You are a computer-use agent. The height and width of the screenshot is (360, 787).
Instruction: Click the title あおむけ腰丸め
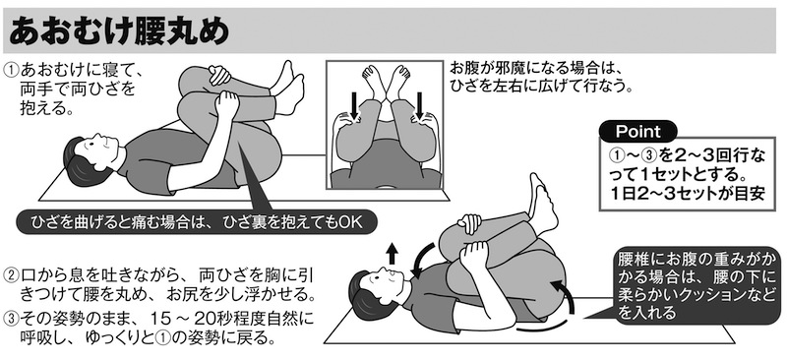click(119, 31)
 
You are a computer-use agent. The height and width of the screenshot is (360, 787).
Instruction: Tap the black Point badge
click(637, 132)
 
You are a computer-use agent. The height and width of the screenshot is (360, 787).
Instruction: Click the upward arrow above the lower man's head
click(392, 253)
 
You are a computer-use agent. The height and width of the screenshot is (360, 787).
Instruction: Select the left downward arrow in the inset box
click(354, 104)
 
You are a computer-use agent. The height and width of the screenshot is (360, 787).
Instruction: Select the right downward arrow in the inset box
click(420, 104)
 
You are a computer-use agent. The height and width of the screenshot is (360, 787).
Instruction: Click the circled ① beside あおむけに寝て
click(11, 69)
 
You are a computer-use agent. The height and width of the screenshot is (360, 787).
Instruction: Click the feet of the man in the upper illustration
click(287, 90)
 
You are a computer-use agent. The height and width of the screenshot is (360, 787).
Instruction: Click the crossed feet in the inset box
click(386, 80)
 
